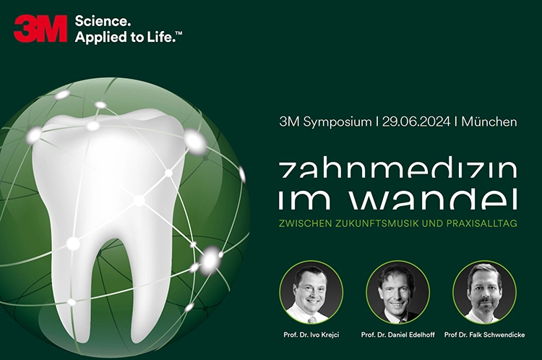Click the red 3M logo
[x=40, y=29]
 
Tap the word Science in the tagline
[x=103, y=22]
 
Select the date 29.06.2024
[x=416, y=121]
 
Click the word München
[x=489, y=121]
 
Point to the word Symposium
[x=337, y=122]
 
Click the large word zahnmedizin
[x=397, y=169]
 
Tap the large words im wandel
[x=397, y=200]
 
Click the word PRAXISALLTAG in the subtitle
[x=482, y=223]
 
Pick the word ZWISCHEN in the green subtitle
[x=305, y=223]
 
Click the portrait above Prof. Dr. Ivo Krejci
[x=311, y=292]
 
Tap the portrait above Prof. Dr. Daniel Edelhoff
[x=398, y=292]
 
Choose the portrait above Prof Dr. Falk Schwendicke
[x=484, y=292]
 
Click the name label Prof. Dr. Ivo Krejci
[x=311, y=335]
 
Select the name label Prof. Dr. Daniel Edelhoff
[x=398, y=335]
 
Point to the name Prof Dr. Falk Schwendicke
[x=485, y=335]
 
